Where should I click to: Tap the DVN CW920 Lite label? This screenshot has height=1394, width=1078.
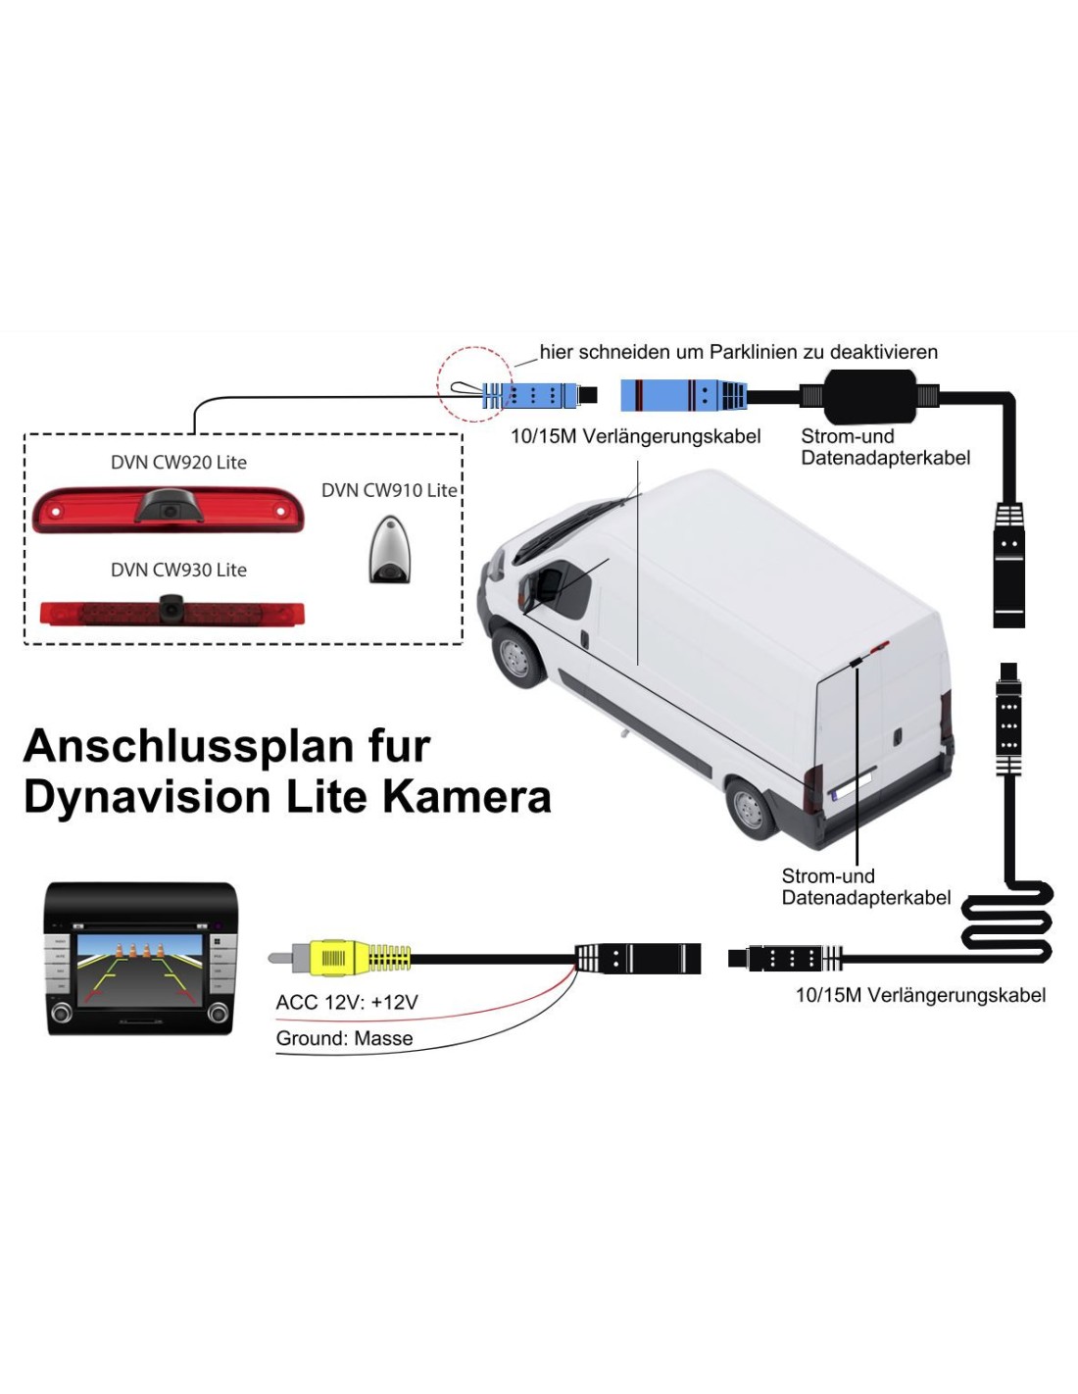[178, 463]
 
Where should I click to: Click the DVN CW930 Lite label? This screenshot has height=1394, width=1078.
[178, 571]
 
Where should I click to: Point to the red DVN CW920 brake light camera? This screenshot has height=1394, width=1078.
[169, 510]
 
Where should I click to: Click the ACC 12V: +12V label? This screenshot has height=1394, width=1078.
[347, 1003]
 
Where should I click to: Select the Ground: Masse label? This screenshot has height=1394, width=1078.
[344, 1039]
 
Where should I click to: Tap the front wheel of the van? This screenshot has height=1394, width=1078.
[516, 655]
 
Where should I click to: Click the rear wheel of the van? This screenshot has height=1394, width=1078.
[751, 809]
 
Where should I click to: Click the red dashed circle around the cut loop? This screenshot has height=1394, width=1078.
[474, 384]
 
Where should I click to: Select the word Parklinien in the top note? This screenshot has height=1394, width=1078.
[755, 352]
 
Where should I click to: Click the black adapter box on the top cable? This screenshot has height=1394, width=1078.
[869, 396]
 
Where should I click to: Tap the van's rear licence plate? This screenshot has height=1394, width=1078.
[851, 785]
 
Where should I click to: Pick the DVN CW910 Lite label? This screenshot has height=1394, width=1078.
[389, 490]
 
